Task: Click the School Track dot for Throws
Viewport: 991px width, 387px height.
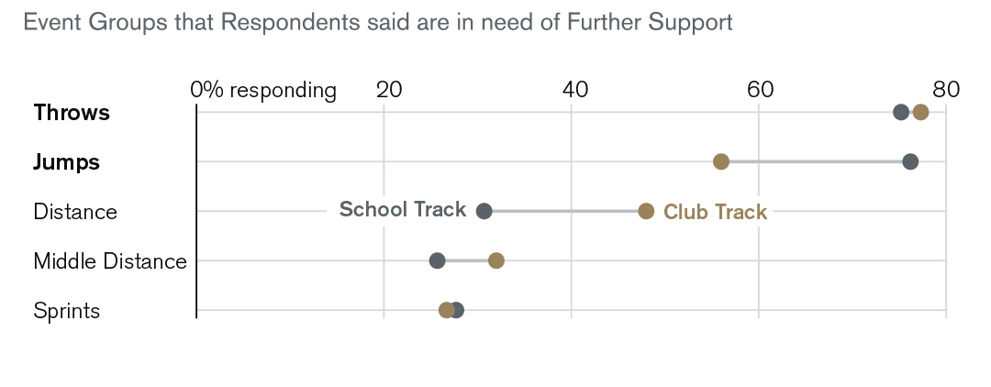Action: [901, 113]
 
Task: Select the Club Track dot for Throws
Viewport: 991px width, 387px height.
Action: [920, 113]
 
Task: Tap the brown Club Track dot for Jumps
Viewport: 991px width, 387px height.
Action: [721, 162]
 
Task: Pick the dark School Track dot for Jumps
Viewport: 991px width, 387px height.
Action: [910, 162]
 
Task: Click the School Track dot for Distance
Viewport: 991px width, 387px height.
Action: [484, 212]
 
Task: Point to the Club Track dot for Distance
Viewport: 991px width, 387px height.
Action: [646, 212]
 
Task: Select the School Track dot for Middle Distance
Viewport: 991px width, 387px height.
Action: [438, 261]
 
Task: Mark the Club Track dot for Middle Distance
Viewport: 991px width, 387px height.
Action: [496, 261]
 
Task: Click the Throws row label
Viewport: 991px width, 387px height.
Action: [72, 113]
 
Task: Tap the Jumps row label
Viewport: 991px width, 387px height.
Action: [66, 162]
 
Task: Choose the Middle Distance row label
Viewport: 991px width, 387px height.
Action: [110, 261]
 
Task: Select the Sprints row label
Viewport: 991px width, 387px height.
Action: [66, 311]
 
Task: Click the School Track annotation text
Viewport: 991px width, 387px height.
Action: [403, 210]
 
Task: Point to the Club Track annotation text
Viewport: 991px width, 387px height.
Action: [715, 212]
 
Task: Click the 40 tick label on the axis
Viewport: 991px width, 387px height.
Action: [574, 90]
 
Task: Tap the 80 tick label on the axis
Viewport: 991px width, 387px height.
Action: [946, 90]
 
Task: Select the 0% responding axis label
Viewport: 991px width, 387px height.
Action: [263, 90]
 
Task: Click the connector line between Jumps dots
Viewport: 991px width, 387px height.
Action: [816, 162]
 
